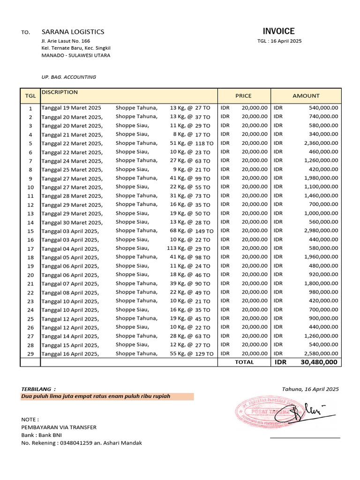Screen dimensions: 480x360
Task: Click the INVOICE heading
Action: tap(278, 31)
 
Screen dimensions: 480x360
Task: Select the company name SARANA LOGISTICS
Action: tap(73, 32)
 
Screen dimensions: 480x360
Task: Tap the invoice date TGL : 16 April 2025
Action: tap(279, 41)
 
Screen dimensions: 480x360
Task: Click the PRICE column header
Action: tap(243, 96)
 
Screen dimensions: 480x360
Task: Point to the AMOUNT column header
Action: tap(306, 96)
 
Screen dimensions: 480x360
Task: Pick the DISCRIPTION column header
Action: tap(60, 92)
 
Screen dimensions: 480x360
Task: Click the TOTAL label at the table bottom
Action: tap(244, 362)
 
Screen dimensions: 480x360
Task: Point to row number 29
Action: tap(30, 354)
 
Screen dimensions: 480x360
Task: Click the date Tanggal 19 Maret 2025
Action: tap(71, 108)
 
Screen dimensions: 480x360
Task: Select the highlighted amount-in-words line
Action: tap(96, 397)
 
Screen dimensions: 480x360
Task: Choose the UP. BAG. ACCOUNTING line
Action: tap(69, 77)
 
